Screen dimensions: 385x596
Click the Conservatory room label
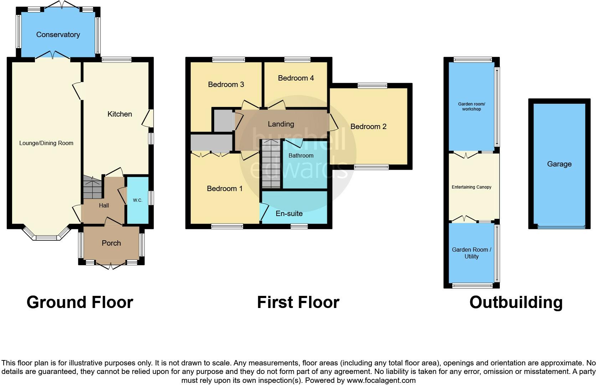point(58,35)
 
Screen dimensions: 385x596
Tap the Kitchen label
point(120,114)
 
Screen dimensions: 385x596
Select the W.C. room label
point(138,200)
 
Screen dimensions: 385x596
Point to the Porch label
point(111,243)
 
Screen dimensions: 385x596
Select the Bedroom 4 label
point(296,78)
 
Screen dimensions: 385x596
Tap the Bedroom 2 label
point(368,127)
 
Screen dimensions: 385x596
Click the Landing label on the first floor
point(281,124)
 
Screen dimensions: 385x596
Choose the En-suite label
point(289,214)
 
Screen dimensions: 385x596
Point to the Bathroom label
point(301,155)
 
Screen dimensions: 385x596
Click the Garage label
point(559,164)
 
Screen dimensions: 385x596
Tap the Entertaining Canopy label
point(471,187)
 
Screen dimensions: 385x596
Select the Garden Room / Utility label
point(471,253)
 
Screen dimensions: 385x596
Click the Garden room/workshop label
point(471,107)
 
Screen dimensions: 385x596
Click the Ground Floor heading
point(80,302)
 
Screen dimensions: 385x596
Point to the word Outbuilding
point(516,302)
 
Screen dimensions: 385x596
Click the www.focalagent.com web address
point(381,380)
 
